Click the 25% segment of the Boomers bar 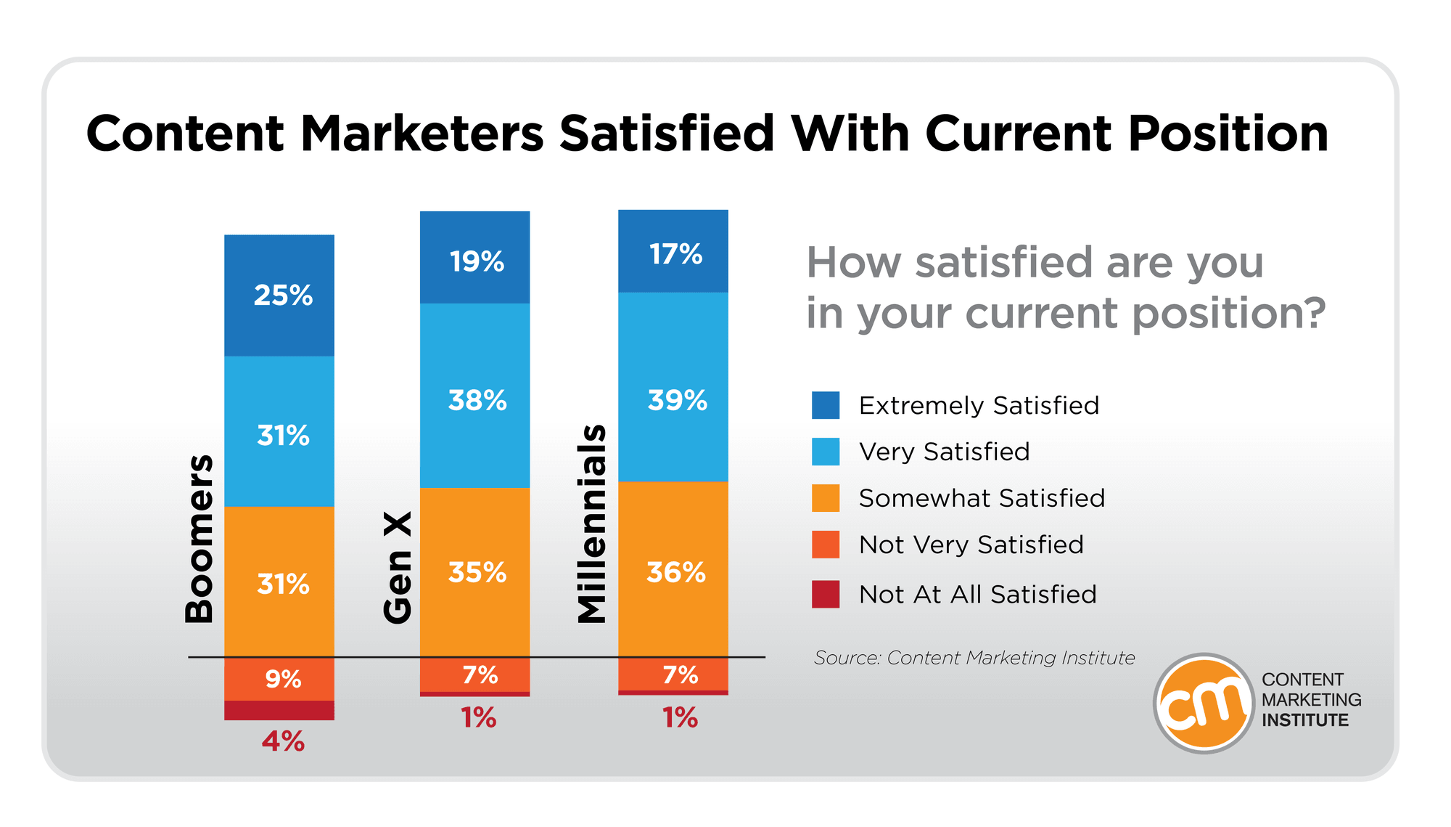[x=279, y=296]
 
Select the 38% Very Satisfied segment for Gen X [x=475, y=396]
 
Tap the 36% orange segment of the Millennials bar [x=673, y=570]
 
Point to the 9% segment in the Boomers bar [x=279, y=680]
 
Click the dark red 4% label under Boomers [x=283, y=741]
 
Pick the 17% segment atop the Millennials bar [x=673, y=252]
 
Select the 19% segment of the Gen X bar [x=475, y=258]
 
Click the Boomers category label [x=199, y=539]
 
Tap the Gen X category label [x=398, y=567]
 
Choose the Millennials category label [x=591, y=524]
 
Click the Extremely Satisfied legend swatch [x=826, y=405]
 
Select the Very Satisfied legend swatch [x=826, y=452]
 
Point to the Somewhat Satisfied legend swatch [x=826, y=498]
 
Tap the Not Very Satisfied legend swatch [x=826, y=545]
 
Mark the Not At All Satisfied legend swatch [x=826, y=594]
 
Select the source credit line [x=974, y=658]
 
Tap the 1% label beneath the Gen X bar [x=478, y=718]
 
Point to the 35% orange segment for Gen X [x=475, y=572]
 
